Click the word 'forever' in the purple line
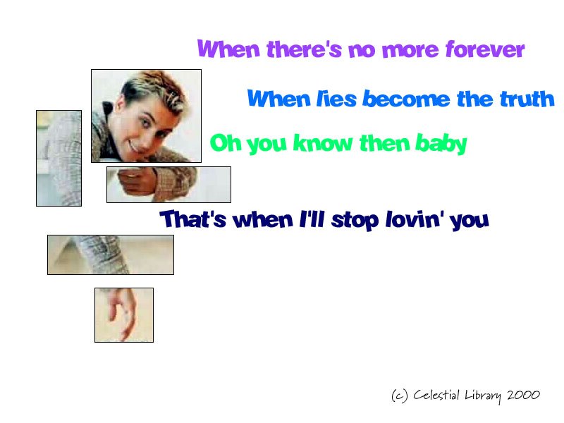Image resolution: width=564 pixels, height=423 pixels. coord(485,49)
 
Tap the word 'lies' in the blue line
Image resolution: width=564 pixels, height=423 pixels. coord(336,99)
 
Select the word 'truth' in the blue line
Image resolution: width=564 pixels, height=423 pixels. coord(527,99)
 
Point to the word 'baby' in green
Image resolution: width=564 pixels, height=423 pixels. coord(441,144)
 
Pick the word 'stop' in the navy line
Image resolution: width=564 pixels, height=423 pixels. coord(355,220)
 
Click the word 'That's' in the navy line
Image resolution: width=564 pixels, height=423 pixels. coord(193,219)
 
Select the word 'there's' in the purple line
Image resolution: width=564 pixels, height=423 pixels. coord(304,49)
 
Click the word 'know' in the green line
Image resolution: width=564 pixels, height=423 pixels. coord(323,143)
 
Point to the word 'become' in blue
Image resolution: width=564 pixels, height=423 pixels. coord(406,99)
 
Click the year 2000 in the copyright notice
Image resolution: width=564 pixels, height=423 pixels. coord(523,395)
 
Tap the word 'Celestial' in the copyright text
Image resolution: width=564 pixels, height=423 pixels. coord(436,395)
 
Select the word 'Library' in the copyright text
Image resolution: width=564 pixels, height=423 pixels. coord(483,396)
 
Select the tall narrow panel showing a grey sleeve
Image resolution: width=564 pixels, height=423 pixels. coord(59,158)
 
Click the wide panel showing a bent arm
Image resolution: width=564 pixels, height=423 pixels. coord(111,255)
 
